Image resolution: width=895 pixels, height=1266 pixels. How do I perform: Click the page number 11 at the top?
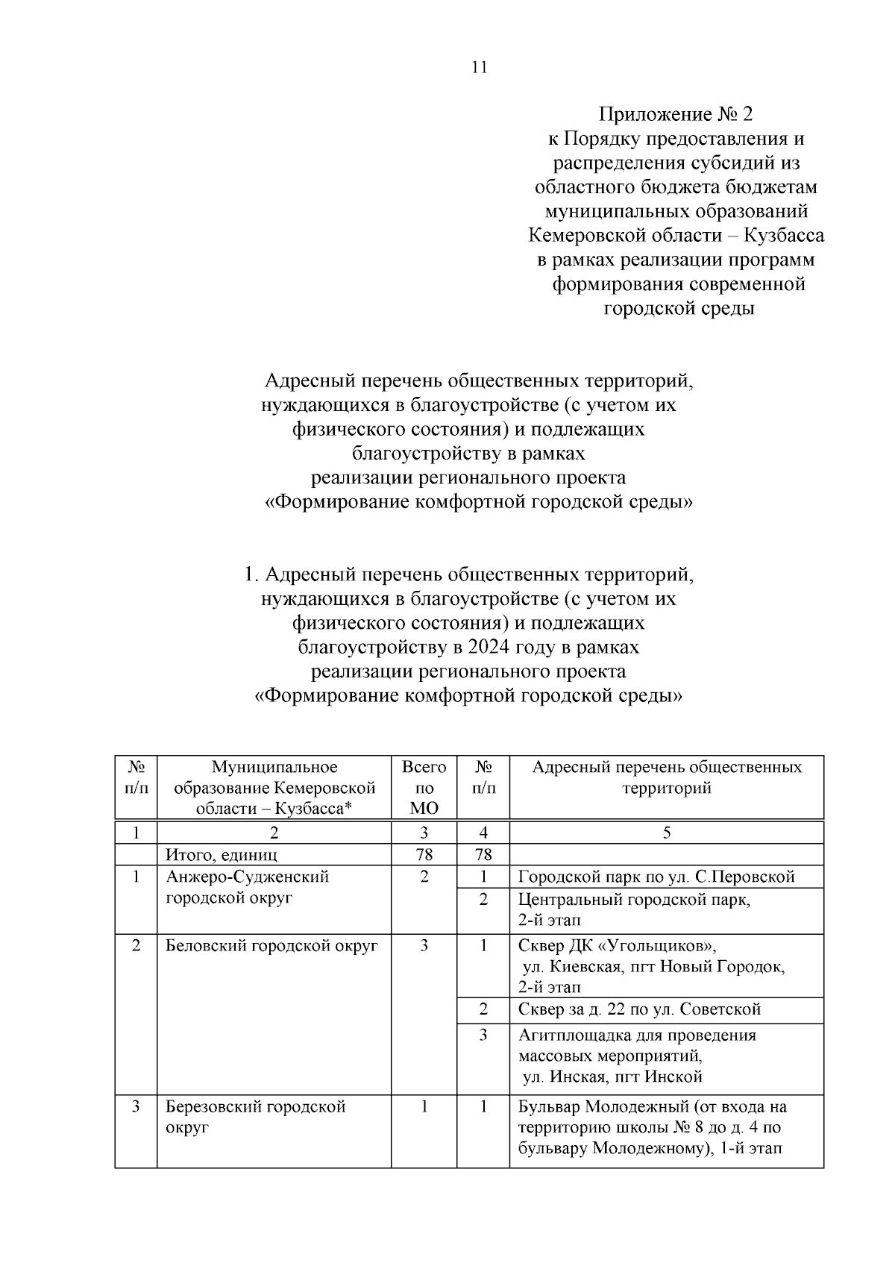pos(480,67)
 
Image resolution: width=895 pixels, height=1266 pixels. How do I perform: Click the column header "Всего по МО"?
pos(424,788)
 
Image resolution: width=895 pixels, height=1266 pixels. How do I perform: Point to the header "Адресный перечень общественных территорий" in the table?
pos(667,777)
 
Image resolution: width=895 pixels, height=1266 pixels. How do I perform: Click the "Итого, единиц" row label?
pos(222,855)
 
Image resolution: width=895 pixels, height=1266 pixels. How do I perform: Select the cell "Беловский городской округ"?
pos(271,946)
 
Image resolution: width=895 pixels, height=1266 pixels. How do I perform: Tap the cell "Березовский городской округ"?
pos(255,1117)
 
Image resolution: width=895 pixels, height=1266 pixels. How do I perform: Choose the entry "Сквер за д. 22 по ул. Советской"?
pos(639,1009)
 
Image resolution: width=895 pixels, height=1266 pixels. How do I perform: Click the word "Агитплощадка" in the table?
pos(574,1035)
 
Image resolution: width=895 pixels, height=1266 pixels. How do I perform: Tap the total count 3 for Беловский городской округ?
pos(424,946)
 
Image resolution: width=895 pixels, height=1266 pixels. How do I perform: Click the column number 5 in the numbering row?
pos(667,833)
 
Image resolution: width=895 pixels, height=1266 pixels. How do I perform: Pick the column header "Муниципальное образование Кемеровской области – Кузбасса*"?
pos(274,788)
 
